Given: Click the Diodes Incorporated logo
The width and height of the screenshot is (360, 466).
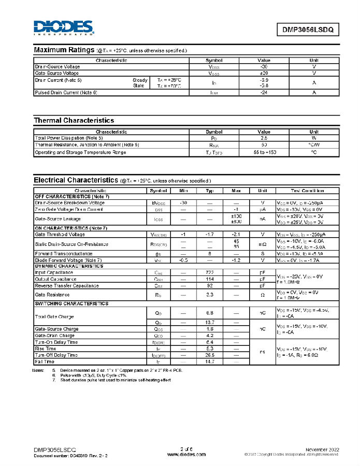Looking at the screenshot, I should coord(63,27).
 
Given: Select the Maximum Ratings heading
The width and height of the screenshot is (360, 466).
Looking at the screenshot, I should coord(64,50).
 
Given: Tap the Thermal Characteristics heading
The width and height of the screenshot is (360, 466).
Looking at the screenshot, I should coord(74,121).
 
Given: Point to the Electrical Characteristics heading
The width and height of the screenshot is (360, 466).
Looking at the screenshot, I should coord(76,180).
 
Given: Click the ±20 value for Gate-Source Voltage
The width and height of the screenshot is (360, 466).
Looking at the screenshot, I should coord(264,73).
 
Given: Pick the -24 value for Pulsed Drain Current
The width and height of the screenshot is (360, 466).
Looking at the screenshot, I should coord(264,92).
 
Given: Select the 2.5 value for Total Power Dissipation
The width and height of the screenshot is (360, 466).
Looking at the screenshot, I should coord(264,138).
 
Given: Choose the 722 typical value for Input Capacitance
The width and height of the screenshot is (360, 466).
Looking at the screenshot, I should coord(210,272).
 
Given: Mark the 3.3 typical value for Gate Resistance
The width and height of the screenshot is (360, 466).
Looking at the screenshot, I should coord(210,295).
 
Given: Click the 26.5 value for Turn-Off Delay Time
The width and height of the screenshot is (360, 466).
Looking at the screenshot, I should coord(210,355).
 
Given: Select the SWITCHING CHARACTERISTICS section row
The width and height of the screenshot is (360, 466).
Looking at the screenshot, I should coord(71,303).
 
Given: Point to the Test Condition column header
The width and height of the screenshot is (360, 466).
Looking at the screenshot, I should coord(307,191).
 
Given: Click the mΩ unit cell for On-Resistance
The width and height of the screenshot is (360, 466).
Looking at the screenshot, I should coord(263,244).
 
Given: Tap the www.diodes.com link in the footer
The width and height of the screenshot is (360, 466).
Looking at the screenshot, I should coord(186,454).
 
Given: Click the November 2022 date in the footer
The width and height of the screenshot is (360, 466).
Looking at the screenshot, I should coord(322,448).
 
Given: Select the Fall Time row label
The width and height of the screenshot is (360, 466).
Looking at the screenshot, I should coord(45,361).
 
